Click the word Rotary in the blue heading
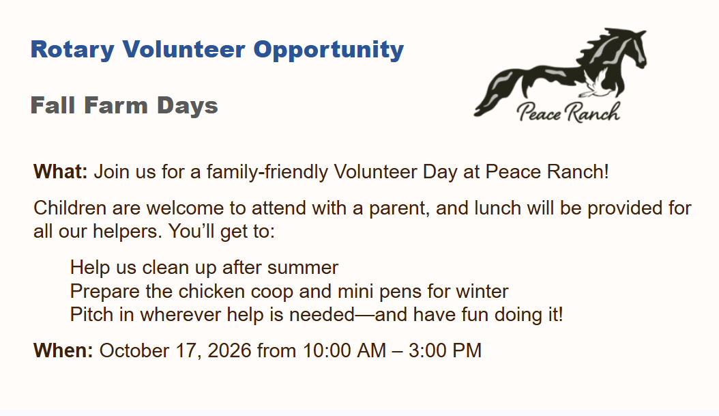click(x=72, y=50)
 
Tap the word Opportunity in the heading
click(x=329, y=50)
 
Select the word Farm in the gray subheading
click(x=116, y=105)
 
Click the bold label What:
click(x=61, y=171)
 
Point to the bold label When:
click(x=63, y=350)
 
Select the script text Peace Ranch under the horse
click(x=569, y=112)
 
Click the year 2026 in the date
click(x=229, y=350)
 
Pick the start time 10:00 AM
click(x=344, y=350)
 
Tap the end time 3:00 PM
click(x=445, y=350)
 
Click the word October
click(x=134, y=350)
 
